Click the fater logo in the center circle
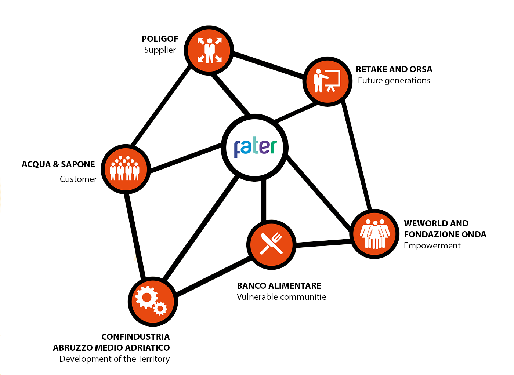[255, 148]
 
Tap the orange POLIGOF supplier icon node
[209, 51]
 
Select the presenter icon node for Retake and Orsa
[327, 81]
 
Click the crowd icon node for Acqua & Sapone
[126, 169]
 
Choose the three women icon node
[374, 234]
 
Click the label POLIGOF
[160, 39]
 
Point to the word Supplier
[160, 50]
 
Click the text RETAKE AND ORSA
[394, 69]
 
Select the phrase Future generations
[394, 80]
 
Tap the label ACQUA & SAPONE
[58, 164]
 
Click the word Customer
[78, 179]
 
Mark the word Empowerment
[432, 245]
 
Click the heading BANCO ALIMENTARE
[279, 286]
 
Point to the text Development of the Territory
[115, 359]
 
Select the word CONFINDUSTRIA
[135, 337]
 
